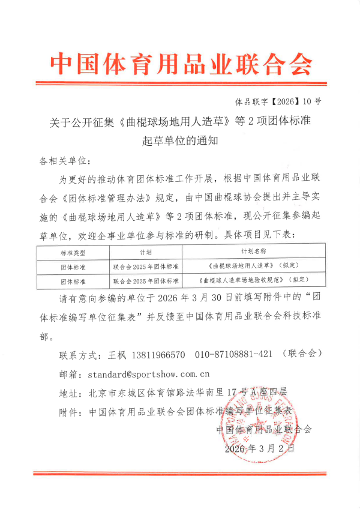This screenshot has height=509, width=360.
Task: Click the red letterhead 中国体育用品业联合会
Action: [x=180, y=62]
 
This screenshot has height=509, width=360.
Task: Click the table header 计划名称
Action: [x=254, y=252]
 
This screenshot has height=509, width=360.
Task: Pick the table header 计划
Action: [x=146, y=252]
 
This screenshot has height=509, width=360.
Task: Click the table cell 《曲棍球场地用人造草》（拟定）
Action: [x=254, y=265]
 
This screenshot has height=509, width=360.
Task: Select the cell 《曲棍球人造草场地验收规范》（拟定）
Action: [x=254, y=280]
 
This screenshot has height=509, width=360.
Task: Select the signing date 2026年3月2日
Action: [x=260, y=448]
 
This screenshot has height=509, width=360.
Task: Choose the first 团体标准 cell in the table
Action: [x=74, y=265]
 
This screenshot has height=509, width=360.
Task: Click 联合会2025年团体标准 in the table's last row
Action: [x=146, y=280]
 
